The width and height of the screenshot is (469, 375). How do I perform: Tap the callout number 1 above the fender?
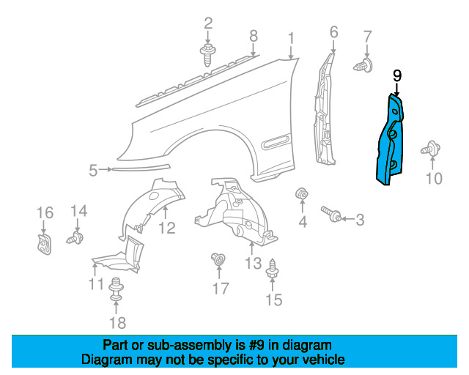click(291, 37)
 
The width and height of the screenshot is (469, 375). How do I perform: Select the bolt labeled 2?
click(207, 52)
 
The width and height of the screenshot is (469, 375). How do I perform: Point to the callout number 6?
click(333, 31)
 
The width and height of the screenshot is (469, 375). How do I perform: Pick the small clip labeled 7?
click(362, 67)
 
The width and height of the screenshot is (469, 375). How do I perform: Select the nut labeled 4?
click(300, 195)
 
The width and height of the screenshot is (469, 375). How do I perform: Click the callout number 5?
click(93, 171)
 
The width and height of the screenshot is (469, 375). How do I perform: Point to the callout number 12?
click(167, 228)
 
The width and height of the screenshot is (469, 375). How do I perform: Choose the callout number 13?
click(253, 262)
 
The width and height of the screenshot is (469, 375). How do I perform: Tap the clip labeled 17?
click(218, 259)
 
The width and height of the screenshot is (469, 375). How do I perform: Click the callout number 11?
click(96, 284)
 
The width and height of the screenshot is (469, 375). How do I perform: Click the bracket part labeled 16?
click(43, 242)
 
